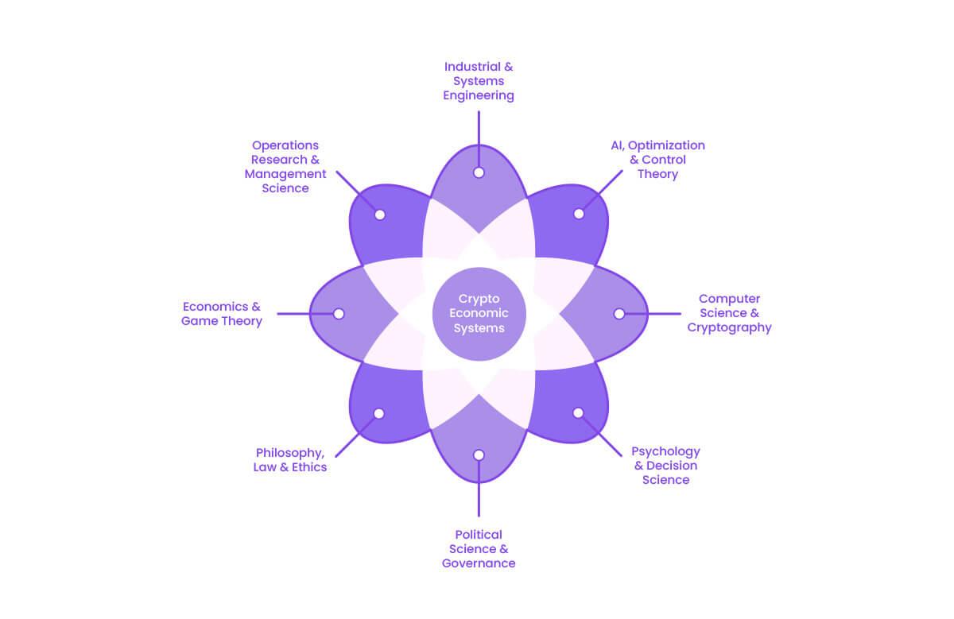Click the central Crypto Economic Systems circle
point(479,314)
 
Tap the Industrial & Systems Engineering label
point(479,81)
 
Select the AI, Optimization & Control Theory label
point(657,159)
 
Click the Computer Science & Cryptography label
point(729,313)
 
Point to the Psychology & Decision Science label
point(665,466)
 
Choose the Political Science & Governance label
point(479,548)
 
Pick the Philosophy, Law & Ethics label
point(290,460)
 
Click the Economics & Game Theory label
point(222,313)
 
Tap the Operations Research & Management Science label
point(285,167)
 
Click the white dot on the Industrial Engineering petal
point(479,172)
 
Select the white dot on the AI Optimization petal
point(579,214)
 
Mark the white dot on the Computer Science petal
point(619,314)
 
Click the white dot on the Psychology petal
point(578,412)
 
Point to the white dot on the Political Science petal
point(479,455)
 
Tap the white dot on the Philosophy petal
point(379,413)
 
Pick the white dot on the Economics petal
point(339,314)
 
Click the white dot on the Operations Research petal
point(380,215)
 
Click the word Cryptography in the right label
point(729,327)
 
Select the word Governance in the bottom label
point(479,563)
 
